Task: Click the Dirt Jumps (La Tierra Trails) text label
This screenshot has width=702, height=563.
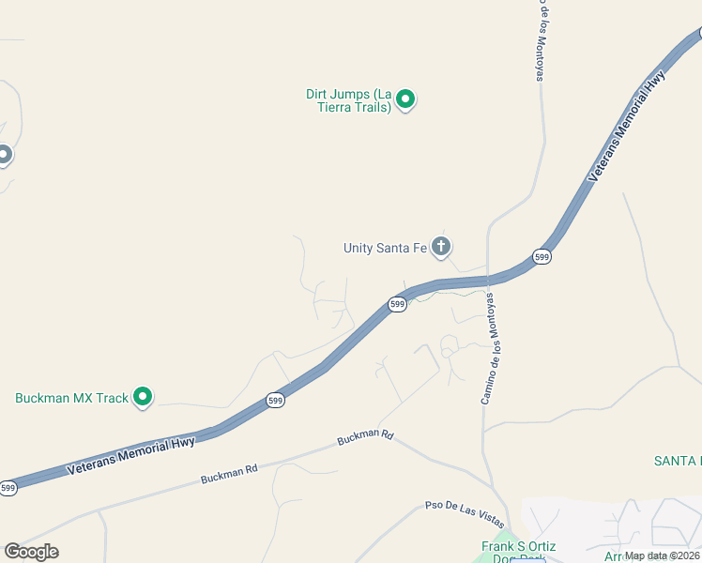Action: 348,100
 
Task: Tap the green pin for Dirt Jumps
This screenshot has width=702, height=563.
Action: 405,98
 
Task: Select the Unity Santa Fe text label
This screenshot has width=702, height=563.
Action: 385,248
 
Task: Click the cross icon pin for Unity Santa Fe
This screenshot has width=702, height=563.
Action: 441,247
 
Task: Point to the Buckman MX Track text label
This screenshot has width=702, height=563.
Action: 71,398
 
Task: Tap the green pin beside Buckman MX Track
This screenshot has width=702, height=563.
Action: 143,397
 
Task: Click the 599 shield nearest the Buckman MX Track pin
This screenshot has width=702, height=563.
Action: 275,400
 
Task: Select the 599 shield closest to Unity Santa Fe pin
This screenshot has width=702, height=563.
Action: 398,304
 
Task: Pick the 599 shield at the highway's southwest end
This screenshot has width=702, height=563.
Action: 8,488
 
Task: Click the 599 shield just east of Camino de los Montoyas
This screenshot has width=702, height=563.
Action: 541,256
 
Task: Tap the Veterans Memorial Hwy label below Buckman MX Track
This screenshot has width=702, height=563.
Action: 130,456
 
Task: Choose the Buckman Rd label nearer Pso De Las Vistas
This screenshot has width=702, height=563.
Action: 365,436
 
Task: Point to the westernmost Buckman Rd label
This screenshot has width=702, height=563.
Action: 228,474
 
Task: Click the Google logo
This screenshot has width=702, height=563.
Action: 31,552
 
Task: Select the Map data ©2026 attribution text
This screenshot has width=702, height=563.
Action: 663,555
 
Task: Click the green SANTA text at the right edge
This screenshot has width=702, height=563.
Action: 678,461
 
